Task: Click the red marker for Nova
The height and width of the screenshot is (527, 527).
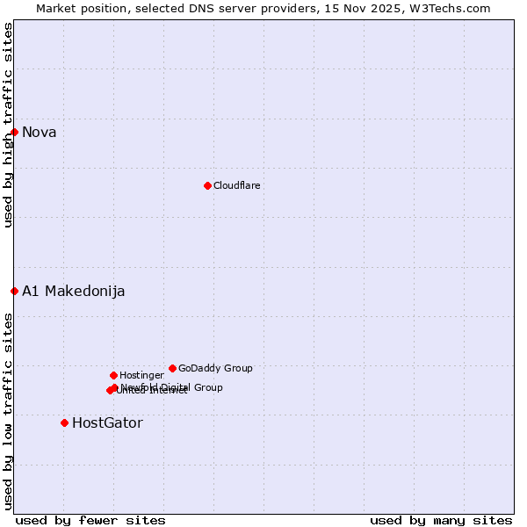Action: tap(14, 133)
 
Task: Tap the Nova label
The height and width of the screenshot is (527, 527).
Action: tap(40, 133)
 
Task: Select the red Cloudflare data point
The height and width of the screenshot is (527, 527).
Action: tap(207, 185)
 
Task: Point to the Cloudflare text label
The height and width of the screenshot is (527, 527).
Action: tap(236, 186)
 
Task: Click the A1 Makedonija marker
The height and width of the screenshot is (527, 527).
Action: tap(14, 291)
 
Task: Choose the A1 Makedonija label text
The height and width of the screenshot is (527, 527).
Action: tap(73, 292)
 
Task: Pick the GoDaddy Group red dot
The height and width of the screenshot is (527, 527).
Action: tap(172, 368)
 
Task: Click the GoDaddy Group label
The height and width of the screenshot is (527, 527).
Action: tap(215, 369)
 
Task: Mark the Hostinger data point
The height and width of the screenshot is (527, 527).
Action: tap(113, 375)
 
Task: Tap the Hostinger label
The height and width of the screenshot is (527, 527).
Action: tap(141, 376)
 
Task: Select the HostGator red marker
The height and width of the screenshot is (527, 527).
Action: tap(64, 422)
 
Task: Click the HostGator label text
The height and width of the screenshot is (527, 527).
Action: tap(107, 423)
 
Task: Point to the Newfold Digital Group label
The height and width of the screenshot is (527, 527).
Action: tap(172, 387)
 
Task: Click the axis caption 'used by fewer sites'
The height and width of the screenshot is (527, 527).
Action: tap(90, 521)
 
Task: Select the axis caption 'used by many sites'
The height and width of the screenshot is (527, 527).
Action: tap(441, 521)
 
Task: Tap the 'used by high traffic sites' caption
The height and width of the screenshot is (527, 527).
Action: tap(8, 125)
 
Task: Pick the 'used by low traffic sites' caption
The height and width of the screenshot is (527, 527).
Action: tap(8, 411)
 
